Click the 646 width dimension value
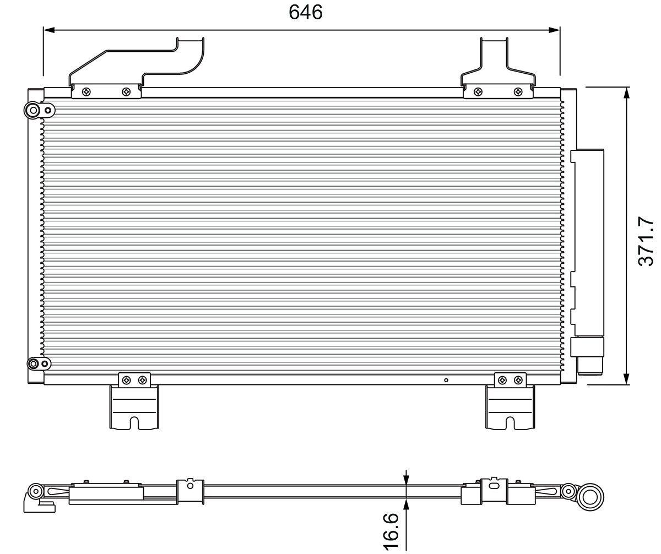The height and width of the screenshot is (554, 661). (x=306, y=12)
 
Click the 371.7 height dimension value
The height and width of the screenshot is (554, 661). (x=646, y=241)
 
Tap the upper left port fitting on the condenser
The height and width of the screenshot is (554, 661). (x=34, y=111)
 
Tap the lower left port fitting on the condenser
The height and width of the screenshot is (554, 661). (x=34, y=363)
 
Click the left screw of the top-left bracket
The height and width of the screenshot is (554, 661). (x=85, y=92)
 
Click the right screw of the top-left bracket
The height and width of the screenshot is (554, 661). (x=127, y=92)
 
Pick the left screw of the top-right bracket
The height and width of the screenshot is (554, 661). (x=478, y=91)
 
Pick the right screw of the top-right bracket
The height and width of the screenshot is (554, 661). (x=518, y=91)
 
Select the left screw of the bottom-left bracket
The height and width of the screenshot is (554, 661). (x=127, y=379)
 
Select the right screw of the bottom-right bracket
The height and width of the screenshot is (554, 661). (x=518, y=379)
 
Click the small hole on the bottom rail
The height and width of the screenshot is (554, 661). (x=446, y=379)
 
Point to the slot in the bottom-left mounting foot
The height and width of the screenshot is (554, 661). (x=134, y=422)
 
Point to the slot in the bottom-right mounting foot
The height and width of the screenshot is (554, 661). (x=510, y=422)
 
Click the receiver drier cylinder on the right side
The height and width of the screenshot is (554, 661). (x=588, y=242)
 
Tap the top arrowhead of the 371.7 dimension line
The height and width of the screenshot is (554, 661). (x=626, y=93)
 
